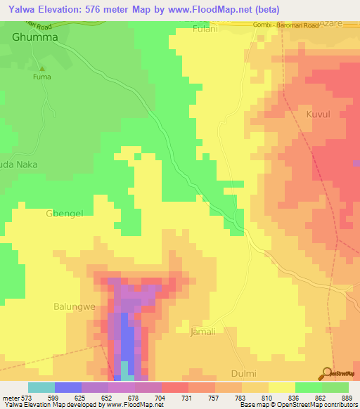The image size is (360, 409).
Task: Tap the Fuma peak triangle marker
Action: [41, 69]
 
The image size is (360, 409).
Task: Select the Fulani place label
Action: [205, 30]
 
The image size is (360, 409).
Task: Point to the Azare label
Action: [339, 24]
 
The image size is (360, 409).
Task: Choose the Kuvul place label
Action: [318, 113]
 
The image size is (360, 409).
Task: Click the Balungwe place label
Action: [75, 306]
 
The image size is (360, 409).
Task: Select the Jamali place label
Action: [203, 331]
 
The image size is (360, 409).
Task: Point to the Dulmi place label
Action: [244, 373]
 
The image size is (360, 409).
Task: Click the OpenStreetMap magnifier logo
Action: [326, 373]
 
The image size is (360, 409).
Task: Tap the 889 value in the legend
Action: [348, 397]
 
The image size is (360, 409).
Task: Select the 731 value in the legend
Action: [188, 397]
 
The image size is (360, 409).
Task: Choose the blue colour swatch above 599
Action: [67, 387]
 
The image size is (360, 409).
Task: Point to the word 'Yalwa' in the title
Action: [19, 10]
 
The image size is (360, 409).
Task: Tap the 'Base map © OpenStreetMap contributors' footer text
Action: [298, 405]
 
